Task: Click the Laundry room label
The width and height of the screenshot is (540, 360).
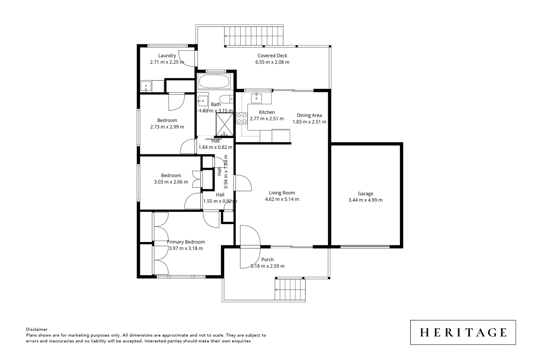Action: coord(167,56)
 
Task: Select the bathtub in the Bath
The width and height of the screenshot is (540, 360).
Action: coord(214,81)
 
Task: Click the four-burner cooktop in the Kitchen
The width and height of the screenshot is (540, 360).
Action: coord(242,118)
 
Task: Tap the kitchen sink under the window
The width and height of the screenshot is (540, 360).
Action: coord(256,97)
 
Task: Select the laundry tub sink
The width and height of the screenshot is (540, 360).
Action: coord(146,86)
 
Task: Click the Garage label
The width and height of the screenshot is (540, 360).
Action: coord(365,194)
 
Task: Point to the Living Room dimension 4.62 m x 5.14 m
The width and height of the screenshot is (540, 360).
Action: coord(282,199)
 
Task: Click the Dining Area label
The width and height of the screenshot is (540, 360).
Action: coord(309,115)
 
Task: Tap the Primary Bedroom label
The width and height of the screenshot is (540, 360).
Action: coord(186,242)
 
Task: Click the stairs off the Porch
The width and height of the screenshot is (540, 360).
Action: coord(290,290)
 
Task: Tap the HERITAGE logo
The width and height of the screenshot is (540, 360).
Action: coord(463,332)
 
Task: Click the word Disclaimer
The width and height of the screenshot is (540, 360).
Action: coord(37,329)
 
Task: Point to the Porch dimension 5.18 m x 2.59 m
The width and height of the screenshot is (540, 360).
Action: coord(267,266)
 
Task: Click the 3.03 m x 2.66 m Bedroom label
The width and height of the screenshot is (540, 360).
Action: coord(171,175)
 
